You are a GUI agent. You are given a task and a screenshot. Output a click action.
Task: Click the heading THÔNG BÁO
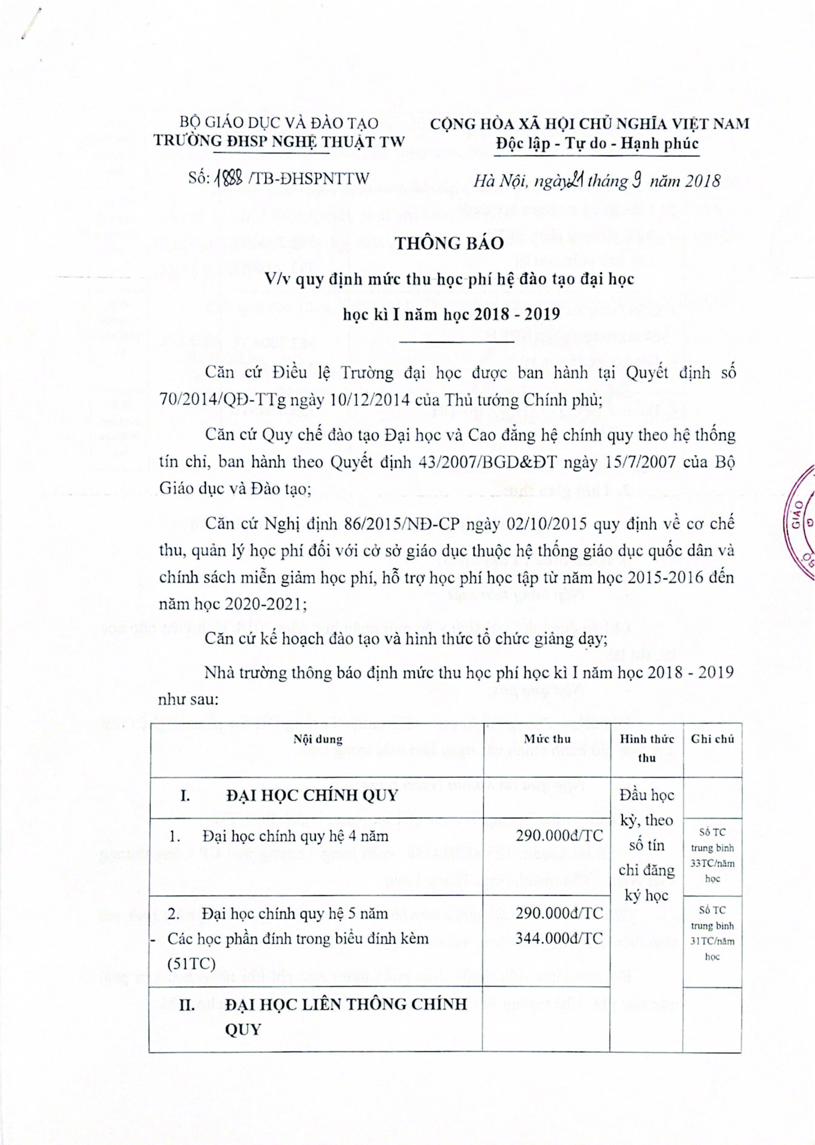tap(450, 243)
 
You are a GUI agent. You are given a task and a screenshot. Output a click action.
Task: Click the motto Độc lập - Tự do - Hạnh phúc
tap(597, 144)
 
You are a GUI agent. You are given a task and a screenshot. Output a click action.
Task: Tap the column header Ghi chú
tap(712, 739)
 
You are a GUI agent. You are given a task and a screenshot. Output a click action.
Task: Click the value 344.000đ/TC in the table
tap(559, 938)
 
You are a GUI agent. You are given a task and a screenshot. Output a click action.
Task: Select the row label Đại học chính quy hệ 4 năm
tap(295, 836)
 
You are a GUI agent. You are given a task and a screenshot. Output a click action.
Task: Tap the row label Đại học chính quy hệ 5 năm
tap(295, 913)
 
